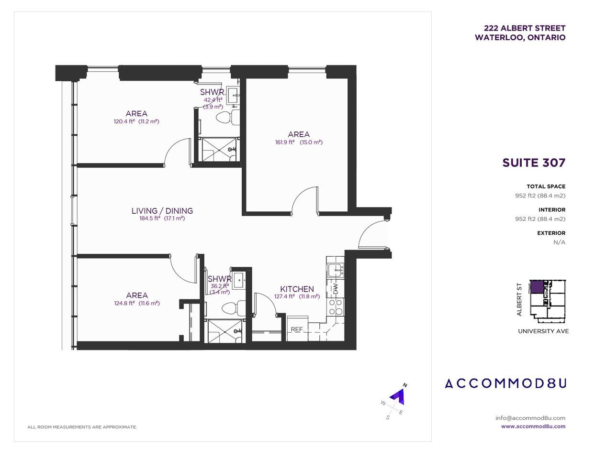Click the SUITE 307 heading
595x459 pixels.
(x=534, y=163)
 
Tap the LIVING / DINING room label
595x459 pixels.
(x=162, y=211)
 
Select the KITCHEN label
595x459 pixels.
(x=297, y=289)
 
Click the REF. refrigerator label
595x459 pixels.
(x=297, y=329)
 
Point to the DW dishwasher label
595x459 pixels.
(x=336, y=289)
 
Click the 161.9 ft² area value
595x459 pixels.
(x=285, y=142)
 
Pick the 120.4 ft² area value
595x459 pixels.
(x=124, y=121)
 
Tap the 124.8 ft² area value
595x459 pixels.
(x=124, y=303)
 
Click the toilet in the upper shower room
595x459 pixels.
(x=228, y=117)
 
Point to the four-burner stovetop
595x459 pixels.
(x=336, y=307)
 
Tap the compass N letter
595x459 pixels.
(x=405, y=385)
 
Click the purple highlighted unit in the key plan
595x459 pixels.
(x=537, y=287)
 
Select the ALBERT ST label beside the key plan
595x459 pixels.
(x=519, y=300)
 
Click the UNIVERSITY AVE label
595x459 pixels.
(x=543, y=331)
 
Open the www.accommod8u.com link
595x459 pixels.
(x=533, y=426)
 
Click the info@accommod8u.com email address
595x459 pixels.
(x=530, y=418)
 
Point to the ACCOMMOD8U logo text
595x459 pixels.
(x=505, y=383)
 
